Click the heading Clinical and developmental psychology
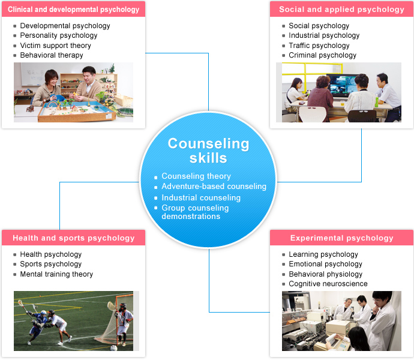click(x=73, y=10)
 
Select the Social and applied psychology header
click(x=341, y=10)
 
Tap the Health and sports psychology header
click(x=74, y=238)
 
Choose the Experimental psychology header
click(x=341, y=238)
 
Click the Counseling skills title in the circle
click(x=208, y=151)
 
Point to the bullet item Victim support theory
click(x=55, y=46)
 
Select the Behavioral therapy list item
click(x=52, y=55)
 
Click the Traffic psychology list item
click(x=319, y=46)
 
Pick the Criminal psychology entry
click(x=322, y=55)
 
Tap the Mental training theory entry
click(x=56, y=274)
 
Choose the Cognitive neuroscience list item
click(x=328, y=284)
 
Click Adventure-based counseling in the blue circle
click(x=214, y=186)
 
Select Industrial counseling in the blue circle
click(x=201, y=197)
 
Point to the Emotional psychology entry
click(x=325, y=264)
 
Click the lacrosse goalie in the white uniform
click(x=123, y=323)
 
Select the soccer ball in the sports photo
click(x=114, y=348)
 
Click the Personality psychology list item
click(x=59, y=35)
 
